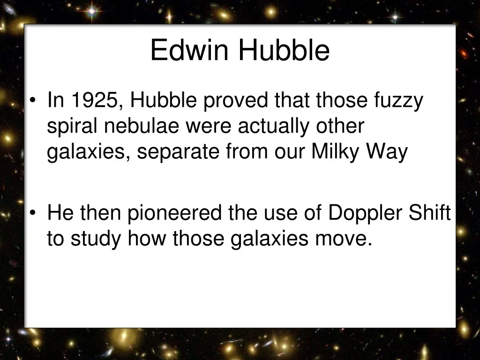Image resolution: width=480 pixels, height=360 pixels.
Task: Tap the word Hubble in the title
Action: [284, 51]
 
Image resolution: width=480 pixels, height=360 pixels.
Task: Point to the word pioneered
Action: [176, 214]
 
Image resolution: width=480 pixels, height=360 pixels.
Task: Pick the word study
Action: [96, 240]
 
